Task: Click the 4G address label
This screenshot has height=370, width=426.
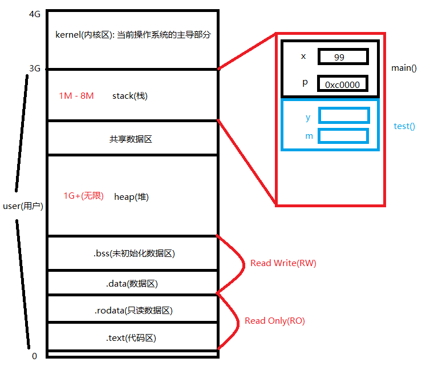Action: coord(34,14)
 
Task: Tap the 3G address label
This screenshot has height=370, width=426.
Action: coord(34,69)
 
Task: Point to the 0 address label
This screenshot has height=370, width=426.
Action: coord(34,356)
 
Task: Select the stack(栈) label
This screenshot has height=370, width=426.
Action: coord(129,95)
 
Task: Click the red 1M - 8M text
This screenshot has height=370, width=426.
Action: coord(76,95)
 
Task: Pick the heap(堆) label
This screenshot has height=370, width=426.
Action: coord(131,196)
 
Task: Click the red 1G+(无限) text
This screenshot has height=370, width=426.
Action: coord(83,196)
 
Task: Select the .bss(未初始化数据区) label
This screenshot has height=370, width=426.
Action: coord(133,254)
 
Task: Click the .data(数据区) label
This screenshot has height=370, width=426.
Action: coord(132,283)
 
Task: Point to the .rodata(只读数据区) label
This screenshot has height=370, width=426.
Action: coord(133,311)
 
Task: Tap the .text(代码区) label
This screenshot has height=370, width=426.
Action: coord(131,338)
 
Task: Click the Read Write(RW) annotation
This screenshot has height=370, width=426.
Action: coord(283,263)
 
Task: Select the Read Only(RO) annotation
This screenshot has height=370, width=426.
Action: coord(274,321)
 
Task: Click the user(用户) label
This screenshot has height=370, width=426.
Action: coord(27,206)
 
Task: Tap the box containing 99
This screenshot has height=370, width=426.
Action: coord(343,57)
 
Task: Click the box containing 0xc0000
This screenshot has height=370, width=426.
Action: coord(342,84)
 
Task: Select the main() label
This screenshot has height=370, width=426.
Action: coord(404,68)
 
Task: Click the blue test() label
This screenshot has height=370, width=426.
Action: coord(404,126)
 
